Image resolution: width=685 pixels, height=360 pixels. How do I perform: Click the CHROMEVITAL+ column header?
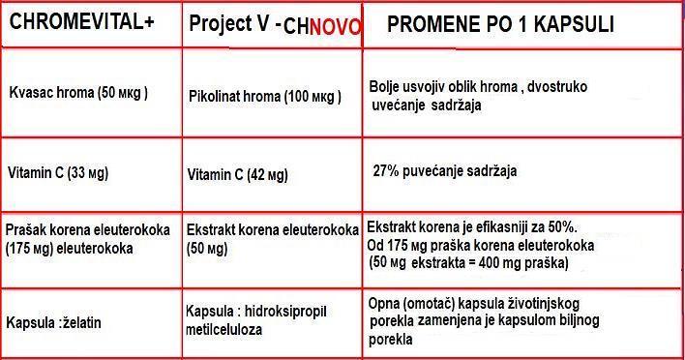[x=81, y=21]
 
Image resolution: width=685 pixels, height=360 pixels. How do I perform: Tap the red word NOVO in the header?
[x=335, y=27]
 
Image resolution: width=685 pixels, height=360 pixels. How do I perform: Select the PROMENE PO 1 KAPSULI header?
[x=500, y=24]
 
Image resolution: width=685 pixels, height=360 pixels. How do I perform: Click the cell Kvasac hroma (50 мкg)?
[x=78, y=93]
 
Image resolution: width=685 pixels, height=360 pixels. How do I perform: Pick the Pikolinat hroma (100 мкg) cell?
[x=265, y=97]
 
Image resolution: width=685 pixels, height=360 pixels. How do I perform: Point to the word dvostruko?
[x=557, y=87]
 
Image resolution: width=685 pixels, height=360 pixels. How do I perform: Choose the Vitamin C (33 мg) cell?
[x=58, y=173]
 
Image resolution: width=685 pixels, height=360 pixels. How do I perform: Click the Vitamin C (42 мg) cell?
[x=237, y=175]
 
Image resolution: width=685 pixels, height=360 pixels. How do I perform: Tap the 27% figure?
[x=386, y=170]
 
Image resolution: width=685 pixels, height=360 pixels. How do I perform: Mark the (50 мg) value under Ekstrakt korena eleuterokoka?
[x=207, y=249]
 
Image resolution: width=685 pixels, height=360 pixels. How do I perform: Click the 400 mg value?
[x=499, y=263]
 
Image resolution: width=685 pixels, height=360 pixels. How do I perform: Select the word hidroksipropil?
[x=285, y=312]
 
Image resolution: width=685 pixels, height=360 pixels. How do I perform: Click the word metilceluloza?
[x=224, y=329]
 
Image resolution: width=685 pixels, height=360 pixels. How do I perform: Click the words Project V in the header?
[x=229, y=23]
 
